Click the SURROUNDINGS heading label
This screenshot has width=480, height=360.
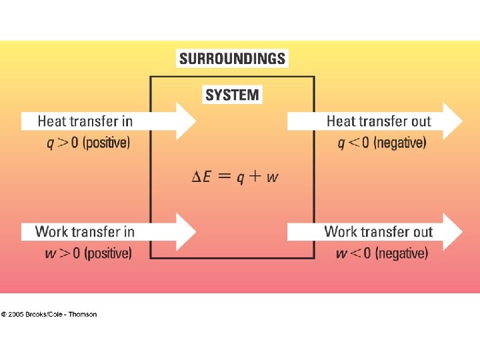(x=232, y=59)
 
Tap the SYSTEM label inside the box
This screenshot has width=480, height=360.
(x=232, y=95)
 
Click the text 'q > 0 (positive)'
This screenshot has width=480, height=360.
(x=84, y=143)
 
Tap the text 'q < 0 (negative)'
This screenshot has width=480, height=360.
(x=382, y=143)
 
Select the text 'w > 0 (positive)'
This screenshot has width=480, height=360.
(x=84, y=253)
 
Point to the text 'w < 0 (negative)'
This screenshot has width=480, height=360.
(x=381, y=253)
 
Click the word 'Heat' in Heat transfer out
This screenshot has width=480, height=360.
(x=340, y=121)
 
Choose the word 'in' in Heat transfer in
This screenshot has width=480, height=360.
(x=127, y=121)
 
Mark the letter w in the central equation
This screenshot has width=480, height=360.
(x=272, y=178)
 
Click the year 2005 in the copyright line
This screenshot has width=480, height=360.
(x=16, y=315)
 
